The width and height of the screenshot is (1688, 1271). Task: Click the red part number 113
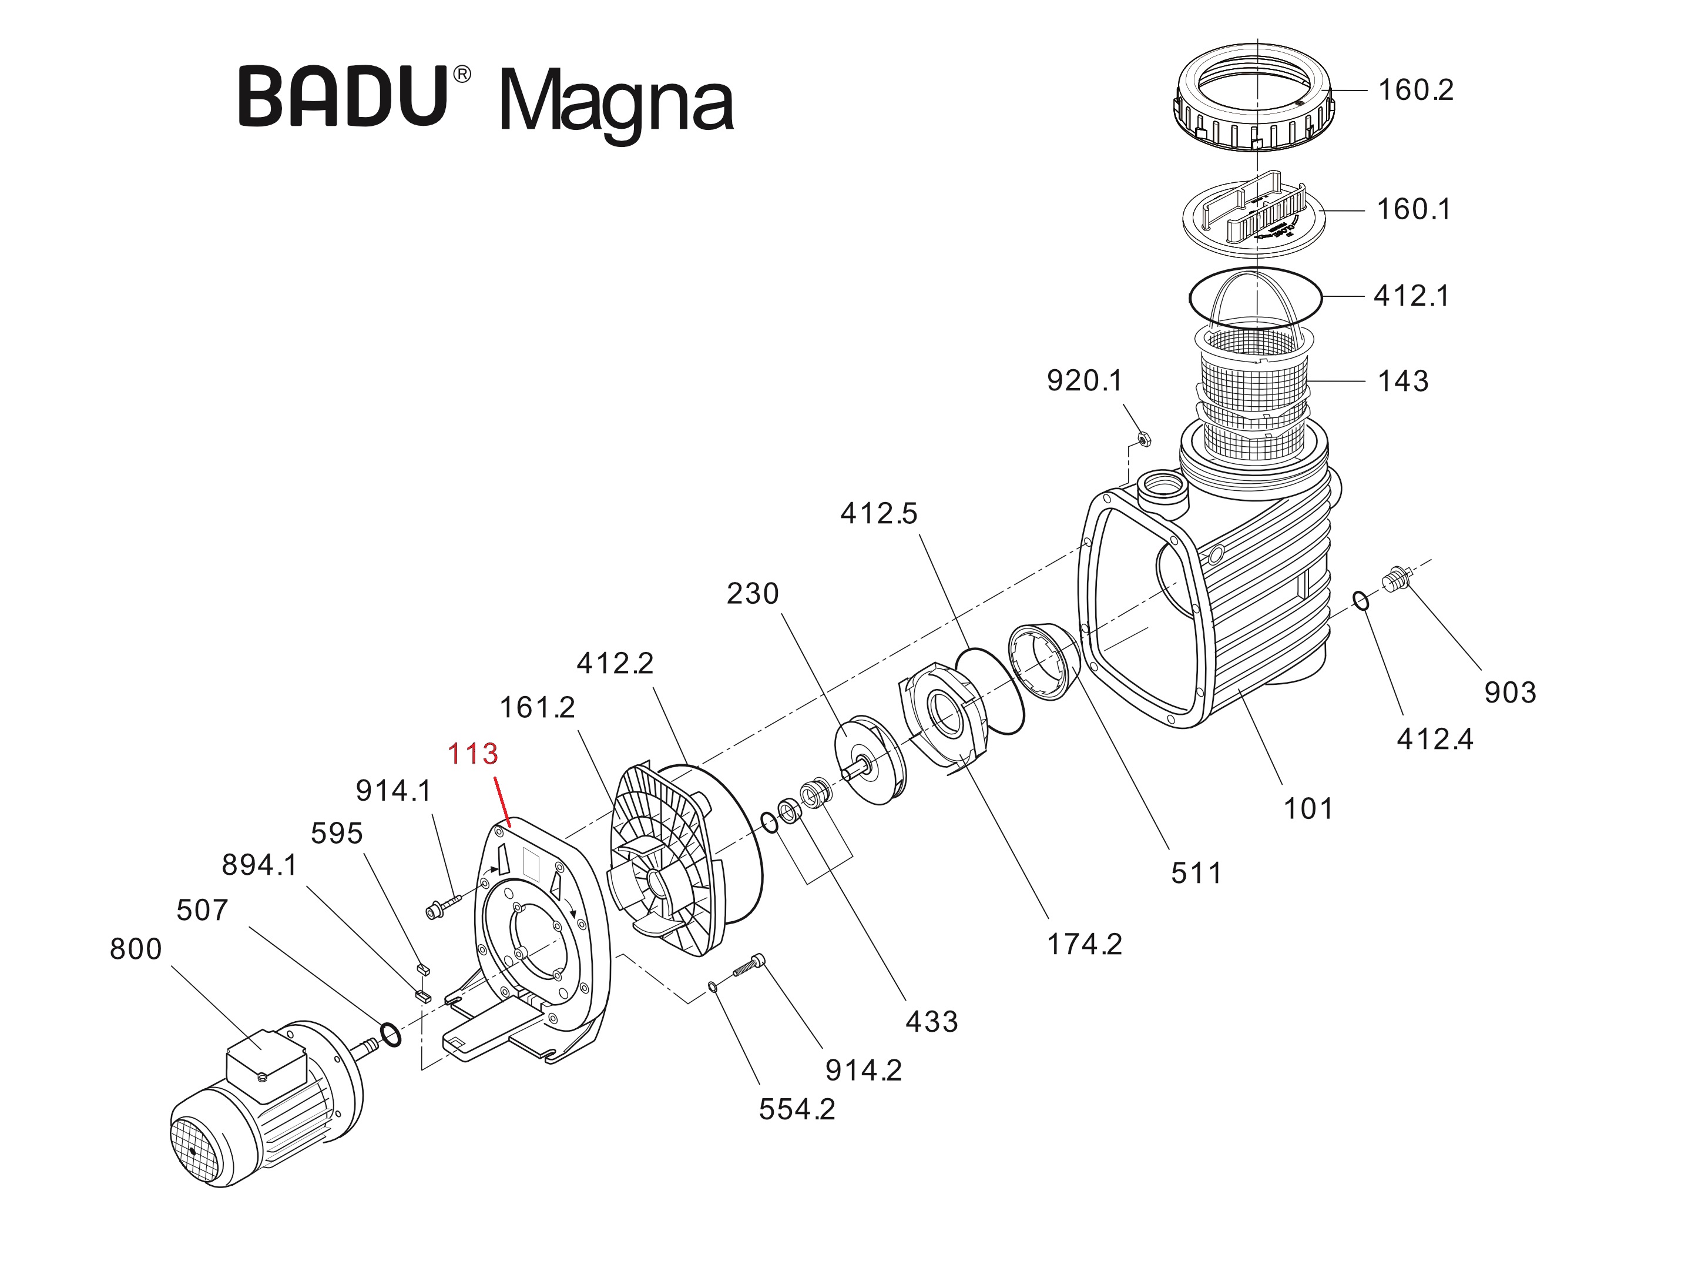pos(472,754)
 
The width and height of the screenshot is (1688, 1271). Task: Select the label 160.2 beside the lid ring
pos(1415,90)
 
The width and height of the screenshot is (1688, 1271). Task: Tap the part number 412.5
pos(878,514)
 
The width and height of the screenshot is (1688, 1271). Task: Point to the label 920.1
pos(1085,380)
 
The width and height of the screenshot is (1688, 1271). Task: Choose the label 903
pos(1509,693)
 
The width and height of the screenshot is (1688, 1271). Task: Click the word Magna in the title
pos(616,103)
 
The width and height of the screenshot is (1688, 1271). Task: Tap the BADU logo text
pos(343,97)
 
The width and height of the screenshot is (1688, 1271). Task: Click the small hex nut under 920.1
pos(1144,439)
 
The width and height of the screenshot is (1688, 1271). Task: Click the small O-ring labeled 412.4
pos(1361,601)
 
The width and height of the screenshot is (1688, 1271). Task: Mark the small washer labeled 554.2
pos(712,987)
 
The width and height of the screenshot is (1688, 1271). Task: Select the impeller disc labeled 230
pos(870,760)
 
